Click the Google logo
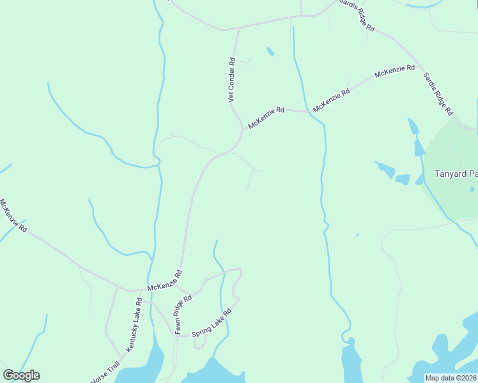coord(21,375)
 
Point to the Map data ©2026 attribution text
coord(452,378)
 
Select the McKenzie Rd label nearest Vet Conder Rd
coord(266,118)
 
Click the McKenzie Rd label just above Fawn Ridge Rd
coord(165,281)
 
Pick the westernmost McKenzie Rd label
coord(13,215)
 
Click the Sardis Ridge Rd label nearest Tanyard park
coord(437,93)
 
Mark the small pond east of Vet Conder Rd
coord(270,51)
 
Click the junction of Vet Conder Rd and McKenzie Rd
coord(243,128)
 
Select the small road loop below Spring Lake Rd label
coord(199,343)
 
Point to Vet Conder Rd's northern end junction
coord(238,29)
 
